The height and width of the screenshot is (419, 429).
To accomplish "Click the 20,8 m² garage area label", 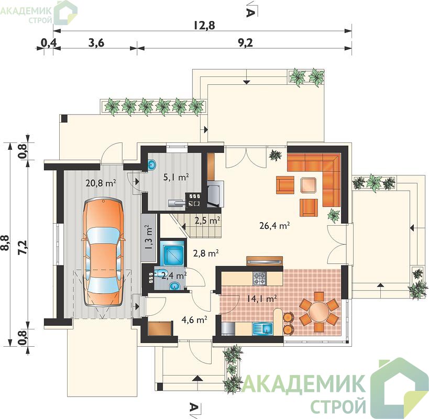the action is click(101, 183).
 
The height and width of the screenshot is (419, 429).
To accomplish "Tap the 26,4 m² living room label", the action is click(274, 226).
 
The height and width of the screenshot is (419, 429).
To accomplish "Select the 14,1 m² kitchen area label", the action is click(261, 299).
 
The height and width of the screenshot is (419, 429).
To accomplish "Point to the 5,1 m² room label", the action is click(176, 177).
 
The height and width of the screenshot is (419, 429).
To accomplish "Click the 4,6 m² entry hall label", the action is click(194, 319).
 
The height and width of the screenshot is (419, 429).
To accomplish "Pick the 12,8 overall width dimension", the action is click(204, 26).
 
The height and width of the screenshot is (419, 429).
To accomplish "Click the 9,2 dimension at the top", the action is click(245, 43).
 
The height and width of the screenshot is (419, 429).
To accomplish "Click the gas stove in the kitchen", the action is click(259, 278).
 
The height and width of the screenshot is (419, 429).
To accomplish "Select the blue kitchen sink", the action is click(262, 328).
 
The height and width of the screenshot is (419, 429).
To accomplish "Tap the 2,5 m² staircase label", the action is click(207, 220).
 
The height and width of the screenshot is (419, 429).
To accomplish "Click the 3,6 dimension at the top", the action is click(96, 43).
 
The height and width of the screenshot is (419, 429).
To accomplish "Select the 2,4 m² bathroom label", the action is click(174, 275).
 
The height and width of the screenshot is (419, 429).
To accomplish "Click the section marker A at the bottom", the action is click(193, 407).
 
